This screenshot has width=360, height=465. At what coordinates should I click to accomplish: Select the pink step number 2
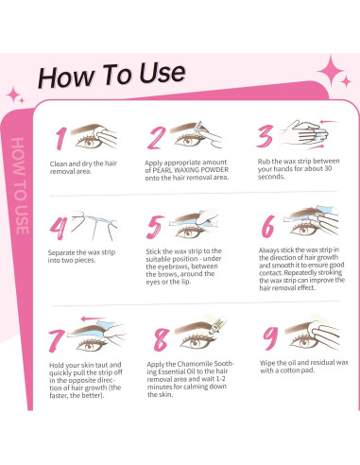[x=158, y=139]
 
